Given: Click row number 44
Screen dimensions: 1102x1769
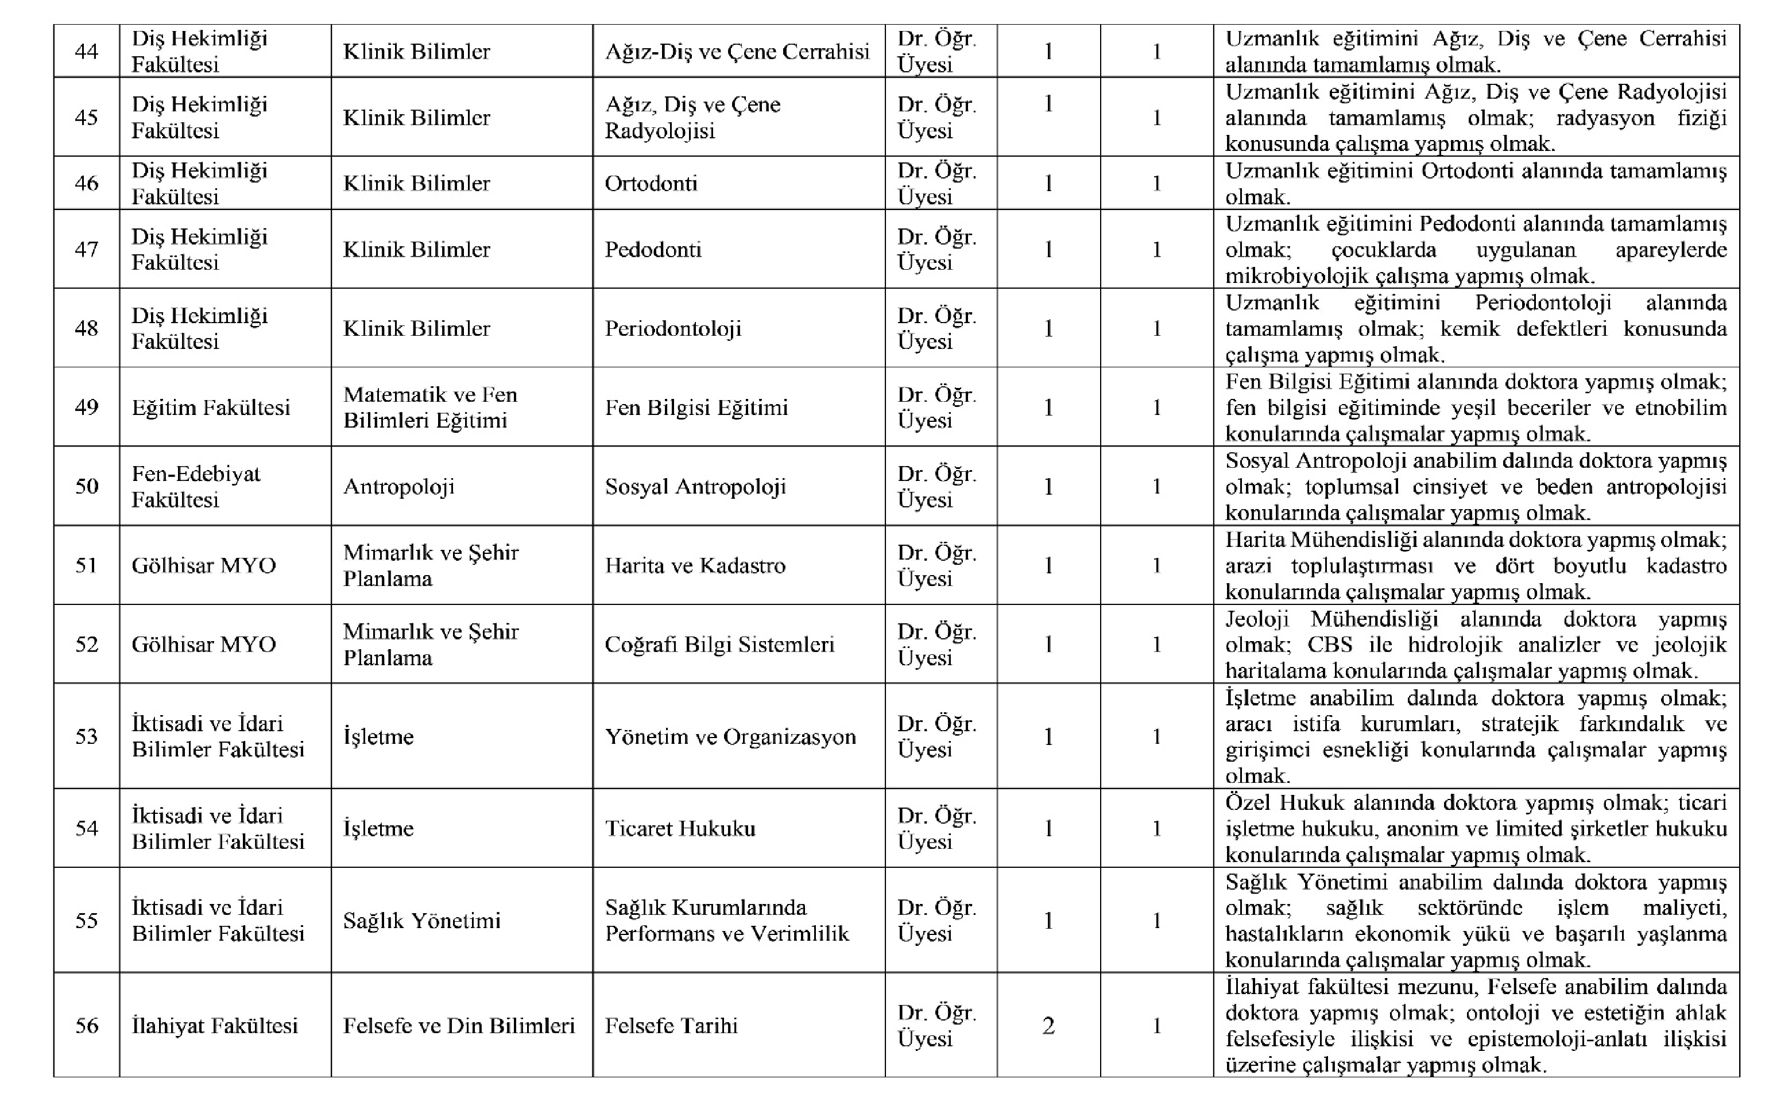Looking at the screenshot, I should [86, 52].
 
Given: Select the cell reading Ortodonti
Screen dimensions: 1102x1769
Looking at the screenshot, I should [651, 183].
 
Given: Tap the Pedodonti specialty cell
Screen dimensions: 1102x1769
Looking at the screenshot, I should [652, 249].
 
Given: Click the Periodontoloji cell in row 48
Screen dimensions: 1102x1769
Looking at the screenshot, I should [673, 328].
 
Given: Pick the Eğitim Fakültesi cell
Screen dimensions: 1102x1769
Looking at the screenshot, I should [211, 407].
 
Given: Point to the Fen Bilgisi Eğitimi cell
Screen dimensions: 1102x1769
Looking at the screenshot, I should [696, 407].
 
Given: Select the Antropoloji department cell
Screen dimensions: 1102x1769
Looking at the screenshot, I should [398, 486].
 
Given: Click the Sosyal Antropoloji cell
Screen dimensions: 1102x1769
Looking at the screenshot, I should [695, 486].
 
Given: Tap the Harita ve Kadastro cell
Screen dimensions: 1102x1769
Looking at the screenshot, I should [695, 565].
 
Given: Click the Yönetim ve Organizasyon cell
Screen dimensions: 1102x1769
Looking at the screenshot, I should [730, 736].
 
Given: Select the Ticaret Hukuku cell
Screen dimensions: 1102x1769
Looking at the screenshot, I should [679, 828].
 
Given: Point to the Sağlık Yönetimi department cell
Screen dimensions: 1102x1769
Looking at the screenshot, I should [421, 921].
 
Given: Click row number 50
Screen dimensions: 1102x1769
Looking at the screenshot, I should [86, 486].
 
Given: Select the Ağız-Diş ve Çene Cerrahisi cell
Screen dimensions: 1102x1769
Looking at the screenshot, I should [737, 52].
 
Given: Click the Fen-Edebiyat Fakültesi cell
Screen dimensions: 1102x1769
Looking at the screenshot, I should [195, 486].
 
